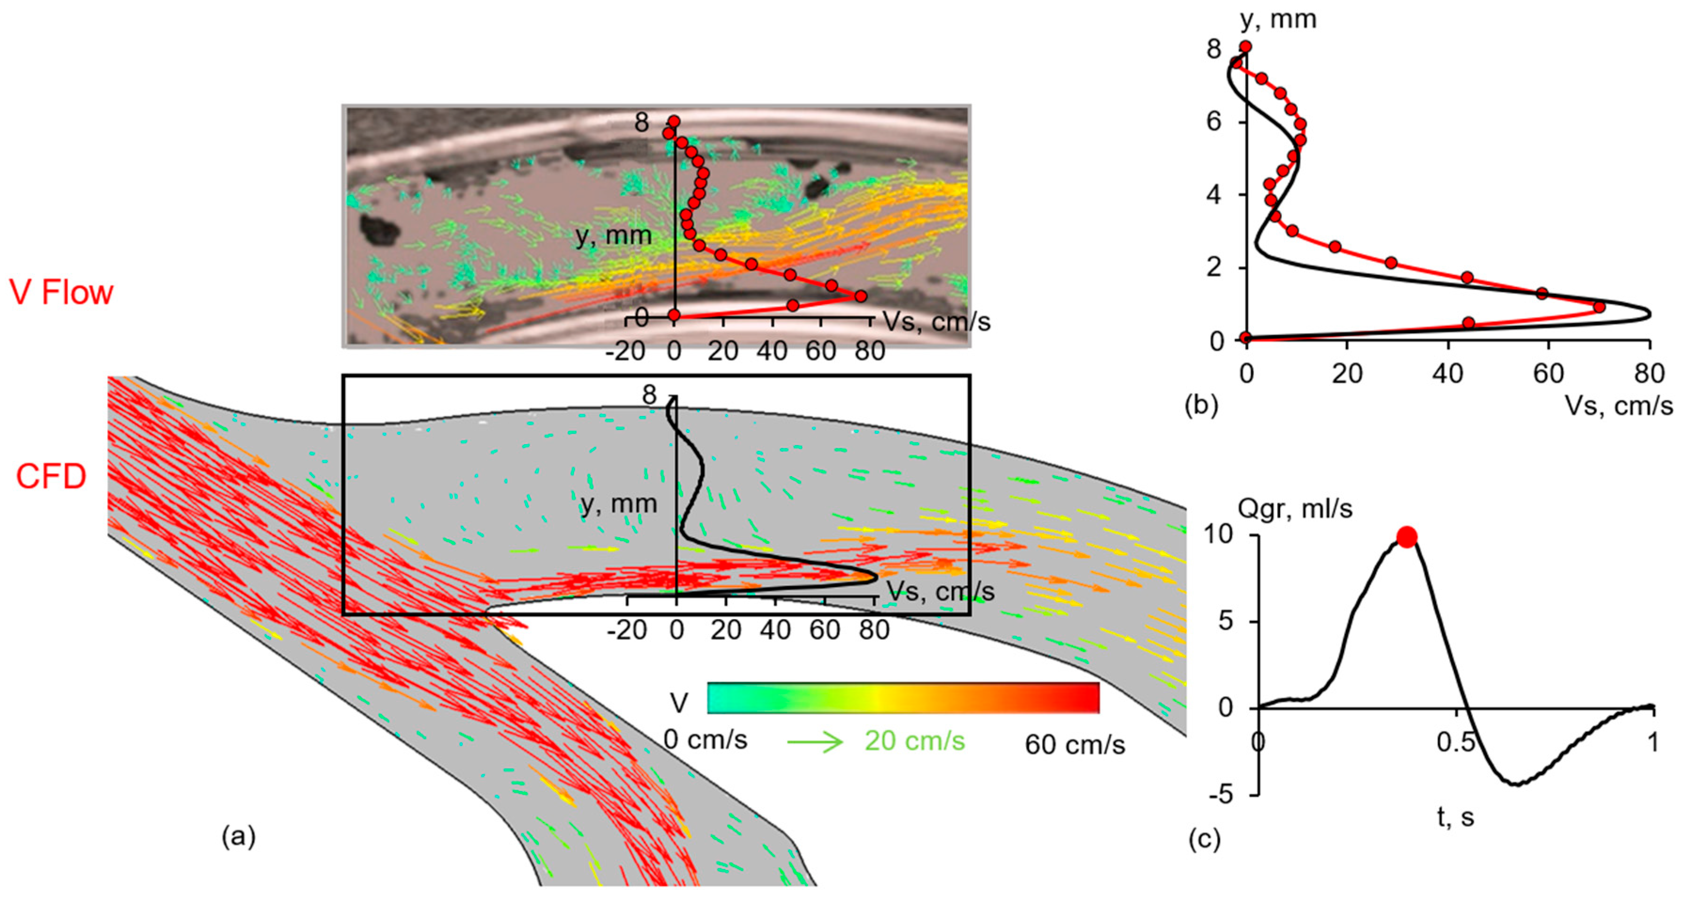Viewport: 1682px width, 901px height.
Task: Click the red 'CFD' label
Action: coord(51,477)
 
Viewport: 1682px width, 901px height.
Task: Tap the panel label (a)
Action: coord(238,836)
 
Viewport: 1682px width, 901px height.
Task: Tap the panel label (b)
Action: coord(1202,406)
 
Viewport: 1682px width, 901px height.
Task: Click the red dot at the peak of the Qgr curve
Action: coord(1407,537)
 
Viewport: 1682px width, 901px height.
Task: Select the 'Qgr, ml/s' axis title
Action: coord(1295,509)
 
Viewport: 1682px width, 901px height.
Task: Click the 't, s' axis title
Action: coord(1455,816)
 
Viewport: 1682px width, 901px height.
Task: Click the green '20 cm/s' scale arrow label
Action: coord(914,741)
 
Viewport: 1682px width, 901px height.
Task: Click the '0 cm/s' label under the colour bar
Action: coord(705,740)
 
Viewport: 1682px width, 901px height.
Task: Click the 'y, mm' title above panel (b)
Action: coord(1278,20)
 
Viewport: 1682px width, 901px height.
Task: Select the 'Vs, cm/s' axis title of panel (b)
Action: coord(1619,406)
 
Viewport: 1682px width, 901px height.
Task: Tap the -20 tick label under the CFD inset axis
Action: coord(627,631)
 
